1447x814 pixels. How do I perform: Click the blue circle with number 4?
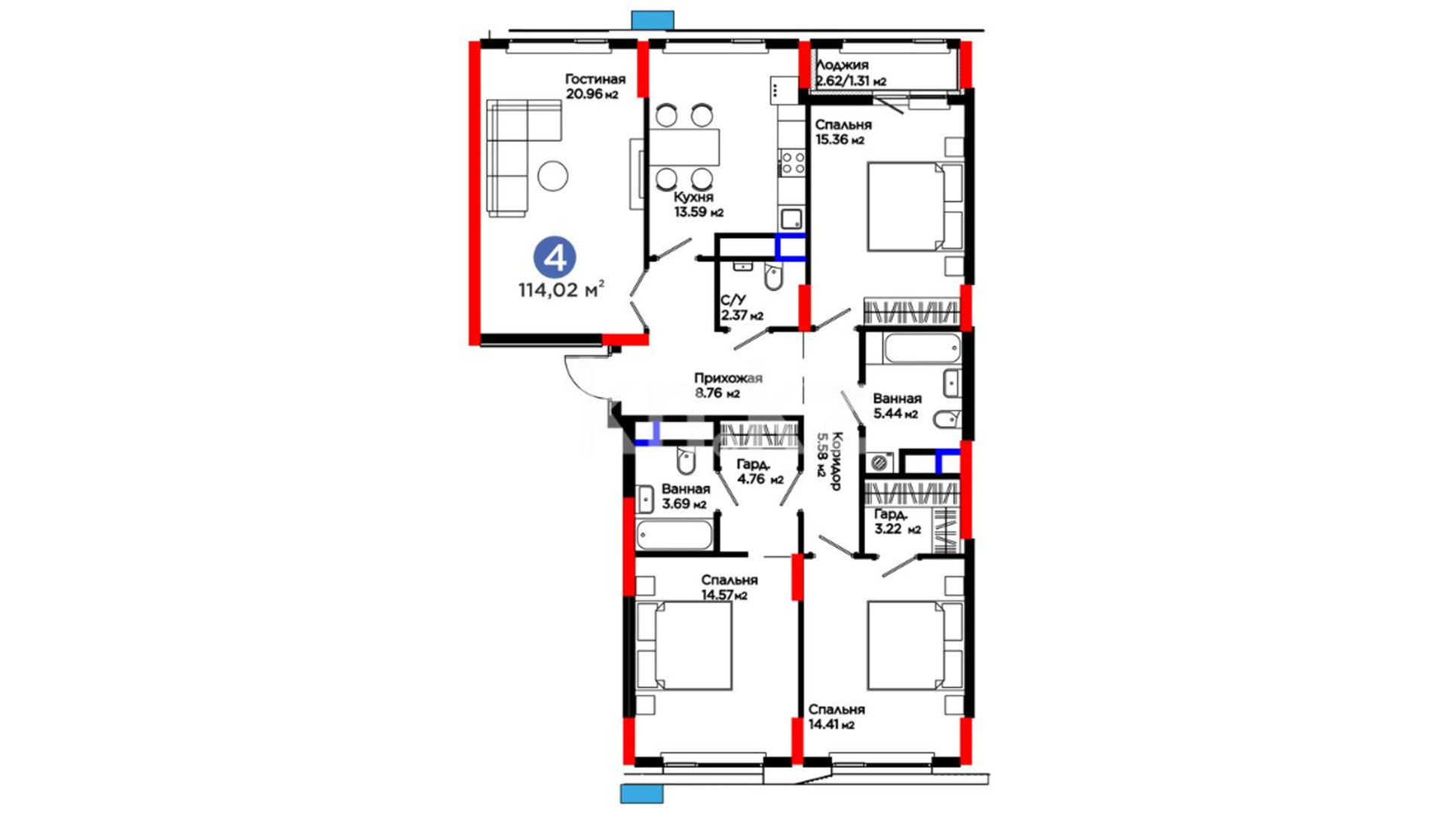pyautogui.click(x=555, y=258)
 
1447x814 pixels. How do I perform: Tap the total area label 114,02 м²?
pyautogui.click(x=561, y=289)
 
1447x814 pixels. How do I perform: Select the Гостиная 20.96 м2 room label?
pyautogui.click(x=595, y=87)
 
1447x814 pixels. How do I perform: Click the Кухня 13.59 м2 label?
pyautogui.click(x=698, y=204)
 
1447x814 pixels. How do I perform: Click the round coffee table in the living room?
pyautogui.click(x=553, y=176)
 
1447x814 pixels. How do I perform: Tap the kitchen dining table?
pyautogui.click(x=684, y=148)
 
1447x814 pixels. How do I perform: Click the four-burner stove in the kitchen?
pyautogui.click(x=792, y=162)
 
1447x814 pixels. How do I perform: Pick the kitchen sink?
pyautogui.click(x=792, y=219)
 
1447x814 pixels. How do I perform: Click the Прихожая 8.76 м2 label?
pyautogui.click(x=727, y=385)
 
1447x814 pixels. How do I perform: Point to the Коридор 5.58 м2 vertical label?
pyautogui.click(x=829, y=461)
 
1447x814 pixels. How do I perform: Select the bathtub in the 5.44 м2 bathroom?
pyautogui.click(x=922, y=350)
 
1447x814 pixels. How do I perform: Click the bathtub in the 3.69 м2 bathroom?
pyautogui.click(x=674, y=535)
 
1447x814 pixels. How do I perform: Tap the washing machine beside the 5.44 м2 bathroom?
pyautogui.click(x=879, y=462)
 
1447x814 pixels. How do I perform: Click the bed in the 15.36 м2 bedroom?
pyautogui.click(x=915, y=207)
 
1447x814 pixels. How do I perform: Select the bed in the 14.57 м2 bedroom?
pyautogui.click(x=684, y=645)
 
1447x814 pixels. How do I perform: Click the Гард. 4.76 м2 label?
pyautogui.click(x=760, y=472)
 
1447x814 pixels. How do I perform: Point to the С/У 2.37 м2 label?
pyautogui.click(x=742, y=308)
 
